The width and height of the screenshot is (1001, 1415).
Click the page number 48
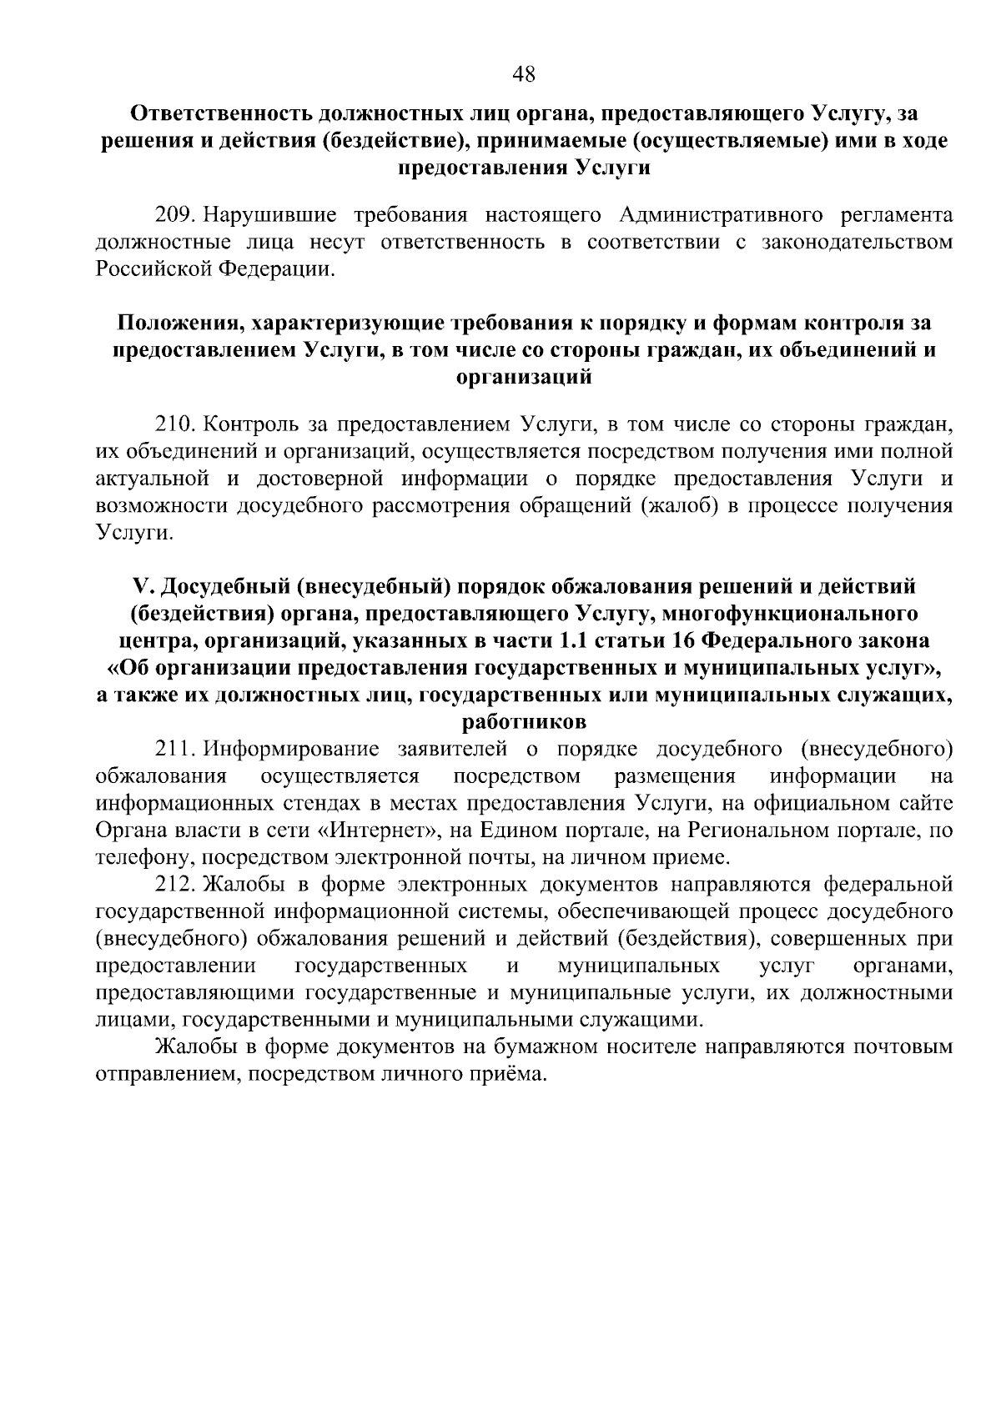click(523, 74)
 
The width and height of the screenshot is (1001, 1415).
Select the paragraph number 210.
click(175, 425)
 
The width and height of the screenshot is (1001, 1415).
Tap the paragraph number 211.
click(175, 749)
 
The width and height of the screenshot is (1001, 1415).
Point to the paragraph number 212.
click(175, 884)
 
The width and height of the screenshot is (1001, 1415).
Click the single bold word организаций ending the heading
click(524, 377)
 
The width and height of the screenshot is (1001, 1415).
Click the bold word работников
click(524, 722)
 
